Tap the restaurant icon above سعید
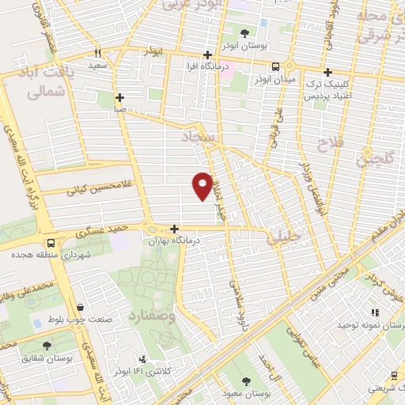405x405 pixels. click(97, 54)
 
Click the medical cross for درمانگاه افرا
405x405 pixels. click(207, 55)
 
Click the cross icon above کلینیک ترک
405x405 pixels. click(327, 72)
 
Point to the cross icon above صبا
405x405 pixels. click(119, 98)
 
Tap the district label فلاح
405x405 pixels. click(327, 145)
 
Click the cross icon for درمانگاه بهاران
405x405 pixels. click(174, 229)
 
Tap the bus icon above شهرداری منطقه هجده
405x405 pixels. click(51, 244)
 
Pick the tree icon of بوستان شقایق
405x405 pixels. click(47, 346)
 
